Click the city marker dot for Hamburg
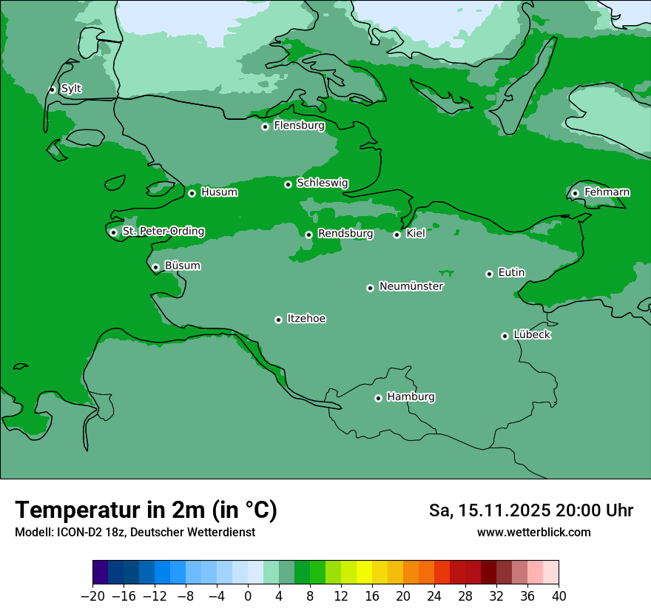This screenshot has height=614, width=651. coord(378,398)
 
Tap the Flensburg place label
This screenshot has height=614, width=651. coord(299,126)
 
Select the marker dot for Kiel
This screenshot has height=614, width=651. coord(397,235)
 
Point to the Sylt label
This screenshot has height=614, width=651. coord(71,89)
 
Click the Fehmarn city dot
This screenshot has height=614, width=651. coord(575,193)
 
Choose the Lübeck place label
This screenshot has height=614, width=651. coord(532,335)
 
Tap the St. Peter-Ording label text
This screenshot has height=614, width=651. coord(163,232)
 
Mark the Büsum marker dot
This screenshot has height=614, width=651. coord(155,267)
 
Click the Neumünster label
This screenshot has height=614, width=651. coord(411,286)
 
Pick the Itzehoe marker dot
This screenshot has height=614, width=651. coord(278,320)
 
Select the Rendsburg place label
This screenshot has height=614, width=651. coord(345,234)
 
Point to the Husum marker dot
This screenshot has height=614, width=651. coord(192,193)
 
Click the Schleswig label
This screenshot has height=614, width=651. coord(323,183)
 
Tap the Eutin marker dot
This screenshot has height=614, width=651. coord(489,274)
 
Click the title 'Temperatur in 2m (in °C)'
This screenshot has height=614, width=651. coord(146,510)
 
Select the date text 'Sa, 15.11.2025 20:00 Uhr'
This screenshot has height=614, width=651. coord(530,510)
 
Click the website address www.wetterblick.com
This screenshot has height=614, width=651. coord(533,532)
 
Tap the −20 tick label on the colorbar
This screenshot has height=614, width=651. coord(92,596)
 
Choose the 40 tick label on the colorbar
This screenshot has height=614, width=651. coord(559,596)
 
